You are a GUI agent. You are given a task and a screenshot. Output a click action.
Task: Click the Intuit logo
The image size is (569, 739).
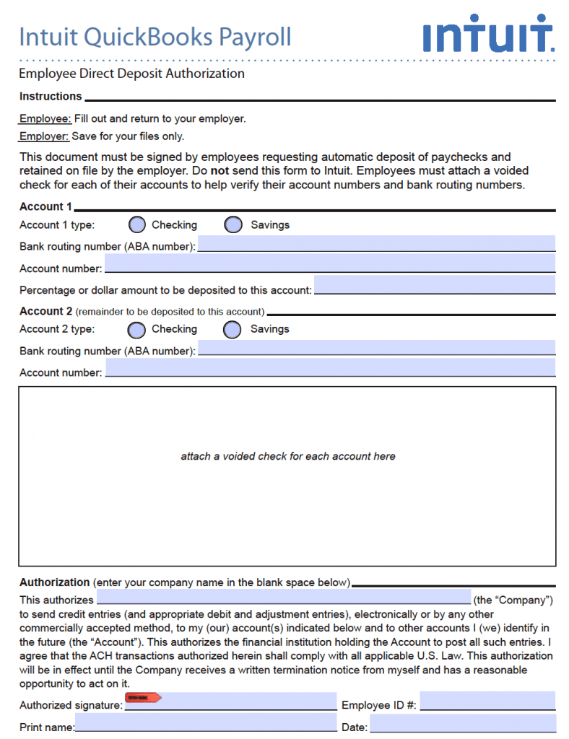click(x=488, y=34)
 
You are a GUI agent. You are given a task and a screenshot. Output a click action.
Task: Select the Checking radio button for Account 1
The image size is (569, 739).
click(x=137, y=224)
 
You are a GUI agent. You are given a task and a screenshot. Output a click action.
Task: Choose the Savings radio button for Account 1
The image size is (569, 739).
click(x=233, y=224)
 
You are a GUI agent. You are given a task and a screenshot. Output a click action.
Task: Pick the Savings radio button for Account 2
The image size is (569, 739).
click(x=232, y=330)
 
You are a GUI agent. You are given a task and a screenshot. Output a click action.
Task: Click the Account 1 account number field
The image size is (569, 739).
click(x=330, y=264)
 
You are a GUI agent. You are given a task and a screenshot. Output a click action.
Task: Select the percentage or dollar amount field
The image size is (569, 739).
click(x=435, y=285)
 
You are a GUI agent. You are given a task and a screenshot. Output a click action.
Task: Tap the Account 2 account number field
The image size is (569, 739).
click(x=330, y=368)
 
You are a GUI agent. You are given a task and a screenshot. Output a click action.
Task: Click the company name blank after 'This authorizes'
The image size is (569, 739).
click(x=283, y=596)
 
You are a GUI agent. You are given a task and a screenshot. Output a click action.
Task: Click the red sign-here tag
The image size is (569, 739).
click(x=142, y=698)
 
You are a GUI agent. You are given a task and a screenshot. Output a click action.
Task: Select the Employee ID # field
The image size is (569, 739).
click(x=487, y=701)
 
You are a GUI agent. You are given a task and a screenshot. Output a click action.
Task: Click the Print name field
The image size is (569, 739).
click(x=206, y=723)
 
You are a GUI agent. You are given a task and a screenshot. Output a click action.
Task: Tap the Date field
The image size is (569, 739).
click(x=463, y=723)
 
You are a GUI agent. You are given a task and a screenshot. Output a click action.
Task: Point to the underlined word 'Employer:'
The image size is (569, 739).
click(x=44, y=136)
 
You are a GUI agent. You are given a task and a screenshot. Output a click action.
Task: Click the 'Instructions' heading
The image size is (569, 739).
click(x=51, y=97)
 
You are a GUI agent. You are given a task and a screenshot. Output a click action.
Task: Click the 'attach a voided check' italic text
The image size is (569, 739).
click(x=287, y=457)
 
